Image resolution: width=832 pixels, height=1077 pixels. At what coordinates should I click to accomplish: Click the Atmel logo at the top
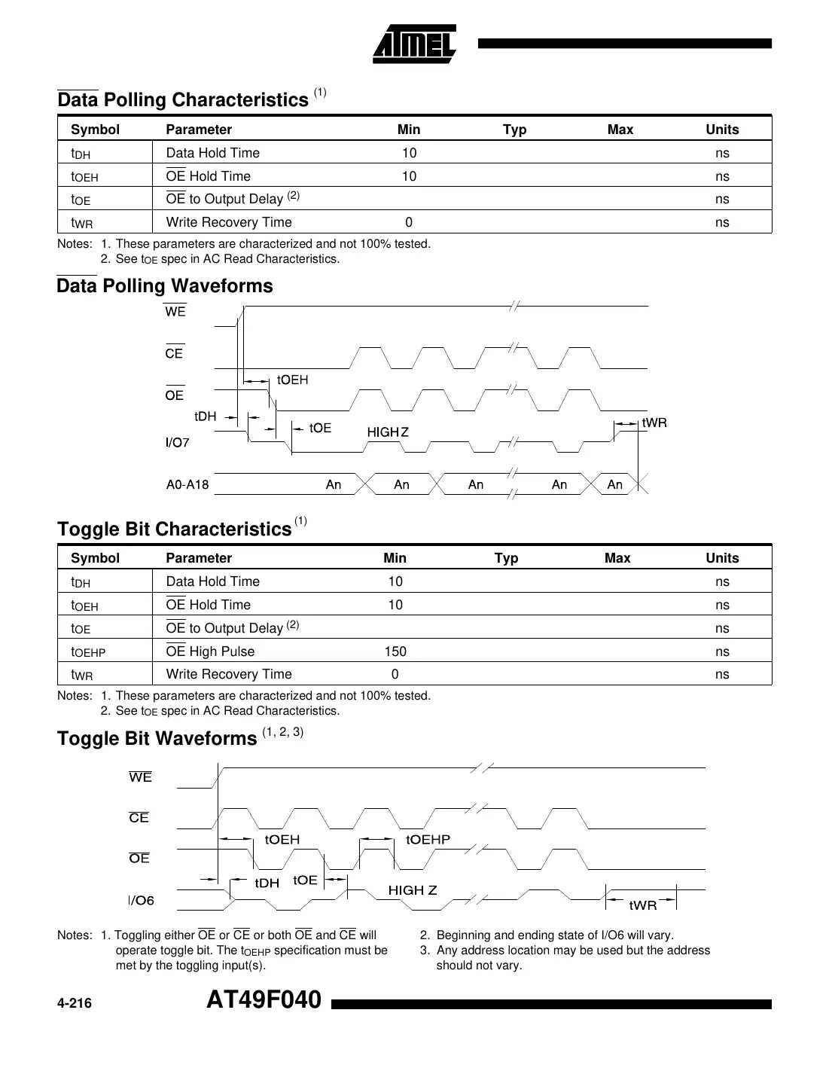click(414, 44)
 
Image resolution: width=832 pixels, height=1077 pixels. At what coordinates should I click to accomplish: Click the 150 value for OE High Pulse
click(395, 651)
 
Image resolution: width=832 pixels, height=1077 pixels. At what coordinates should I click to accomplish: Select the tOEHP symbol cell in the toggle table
click(88, 652)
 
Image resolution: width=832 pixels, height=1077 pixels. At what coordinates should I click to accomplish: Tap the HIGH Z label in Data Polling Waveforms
click(388, 432)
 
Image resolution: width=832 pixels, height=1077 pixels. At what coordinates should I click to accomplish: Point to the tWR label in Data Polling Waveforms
click(654, 423)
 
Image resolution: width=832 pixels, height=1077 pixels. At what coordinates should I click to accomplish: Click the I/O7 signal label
click(178, 443)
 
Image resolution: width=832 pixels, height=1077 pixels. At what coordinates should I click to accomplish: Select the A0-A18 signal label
click(187, 485)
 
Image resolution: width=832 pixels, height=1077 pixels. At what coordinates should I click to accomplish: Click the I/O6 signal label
click(141, 901)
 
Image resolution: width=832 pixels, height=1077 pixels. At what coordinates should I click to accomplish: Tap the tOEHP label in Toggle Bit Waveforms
click(428, 840)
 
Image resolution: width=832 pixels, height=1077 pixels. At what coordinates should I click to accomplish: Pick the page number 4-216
click(75, 1003)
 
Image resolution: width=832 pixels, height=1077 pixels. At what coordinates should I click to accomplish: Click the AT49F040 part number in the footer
click(264, 1000)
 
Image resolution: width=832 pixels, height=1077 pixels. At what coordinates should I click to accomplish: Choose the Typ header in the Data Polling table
click(514, 130)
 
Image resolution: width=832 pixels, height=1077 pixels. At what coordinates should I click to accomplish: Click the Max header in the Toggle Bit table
click(617, 558)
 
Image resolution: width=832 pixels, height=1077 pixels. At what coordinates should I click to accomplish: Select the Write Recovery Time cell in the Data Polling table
click(229, 222)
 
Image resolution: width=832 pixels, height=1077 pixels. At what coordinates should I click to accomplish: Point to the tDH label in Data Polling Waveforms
click(205, 416)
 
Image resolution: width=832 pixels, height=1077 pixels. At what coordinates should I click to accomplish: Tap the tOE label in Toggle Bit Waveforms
click(305, 880)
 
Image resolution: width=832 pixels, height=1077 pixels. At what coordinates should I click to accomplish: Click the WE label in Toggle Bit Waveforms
click(141, 777)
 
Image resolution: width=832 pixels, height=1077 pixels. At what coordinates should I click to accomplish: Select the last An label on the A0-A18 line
click(615, 485)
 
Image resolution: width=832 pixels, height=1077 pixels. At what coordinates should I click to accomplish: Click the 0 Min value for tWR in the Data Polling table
click(409, 222)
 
